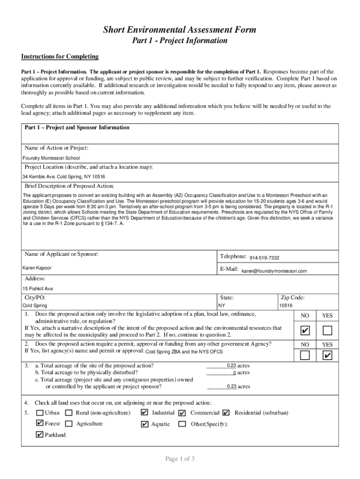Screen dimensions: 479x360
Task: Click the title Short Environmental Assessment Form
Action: [x=180, y=30]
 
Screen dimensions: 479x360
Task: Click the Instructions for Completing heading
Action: [x=60, y=57]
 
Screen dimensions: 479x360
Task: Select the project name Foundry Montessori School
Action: [x=51, y=158]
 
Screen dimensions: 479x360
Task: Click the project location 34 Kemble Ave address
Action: [x=64, y=177]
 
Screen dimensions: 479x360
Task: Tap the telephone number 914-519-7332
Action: [x=264, y=258]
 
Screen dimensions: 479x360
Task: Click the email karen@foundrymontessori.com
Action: [x=274, y=271]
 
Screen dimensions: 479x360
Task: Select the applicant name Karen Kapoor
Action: [x=37, y=268]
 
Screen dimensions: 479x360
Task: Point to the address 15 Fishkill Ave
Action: [x=37, y=289]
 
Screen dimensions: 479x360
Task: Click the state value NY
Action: [x=222, y=305]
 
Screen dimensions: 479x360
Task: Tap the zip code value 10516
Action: [x=286, y=305]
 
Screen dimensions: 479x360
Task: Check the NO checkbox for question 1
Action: [x=305, y=331]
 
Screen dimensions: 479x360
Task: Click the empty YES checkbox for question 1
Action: [x=327, y=331]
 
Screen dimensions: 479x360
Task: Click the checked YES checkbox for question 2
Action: [x=327, y=356]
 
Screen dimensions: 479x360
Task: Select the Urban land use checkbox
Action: [x=40, y=413]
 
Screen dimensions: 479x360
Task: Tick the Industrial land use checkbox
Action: [x=144, y=413]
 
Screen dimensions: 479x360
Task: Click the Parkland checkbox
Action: [x=40, y=435]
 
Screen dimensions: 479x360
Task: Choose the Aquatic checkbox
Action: [x=144, y=424]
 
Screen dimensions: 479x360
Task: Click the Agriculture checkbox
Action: [x=69, y=424]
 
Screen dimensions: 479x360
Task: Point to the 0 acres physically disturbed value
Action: [x=234, y=373]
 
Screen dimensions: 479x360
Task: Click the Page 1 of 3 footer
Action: [x=180, y=458]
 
